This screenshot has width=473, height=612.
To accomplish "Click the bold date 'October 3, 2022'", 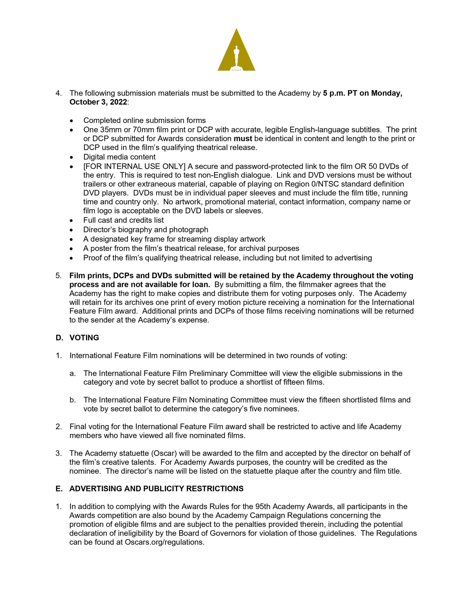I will tap(98, 102).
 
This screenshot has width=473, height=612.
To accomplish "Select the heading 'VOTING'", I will tap(84, 338).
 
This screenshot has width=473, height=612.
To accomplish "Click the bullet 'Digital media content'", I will tap(119, 157).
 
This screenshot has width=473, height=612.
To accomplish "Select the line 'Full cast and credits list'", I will tap(123, 220).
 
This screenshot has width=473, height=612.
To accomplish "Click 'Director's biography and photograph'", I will tap(146, 230).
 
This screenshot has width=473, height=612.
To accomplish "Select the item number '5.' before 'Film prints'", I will tap(59, 276).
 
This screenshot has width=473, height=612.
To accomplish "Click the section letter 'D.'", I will tap(59, 338).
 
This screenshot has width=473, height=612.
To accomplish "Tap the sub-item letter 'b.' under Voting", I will tap(73, 400).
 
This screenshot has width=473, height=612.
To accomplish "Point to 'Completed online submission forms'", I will tap(144, 120).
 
